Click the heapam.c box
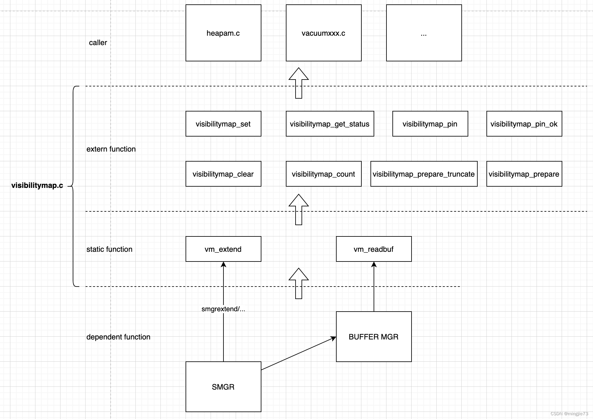pyautogui.click(x=223, y=33)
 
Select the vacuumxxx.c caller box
pyautogui.click(x=323, y=33)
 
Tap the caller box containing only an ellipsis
pyautogui.click(x=424, y=33)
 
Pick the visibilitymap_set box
pyautogui.click(x=223, y=124)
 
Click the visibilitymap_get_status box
pyautogui.click(x=330, y=124)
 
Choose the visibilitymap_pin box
pyautogui.click(x=430, y=124)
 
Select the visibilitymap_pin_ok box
pyautogui.click(x=524, y=124)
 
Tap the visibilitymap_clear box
pyautogui.click(x=223, y=174)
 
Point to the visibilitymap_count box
pyautogui.click(x=323, y=174)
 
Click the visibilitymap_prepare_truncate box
pyautogui.click(x=424, y=174)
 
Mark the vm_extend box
pyautogui.click(x=223, y=249)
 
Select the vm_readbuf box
pyautogui.click(x=374, y=249)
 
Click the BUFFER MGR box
pyautogui.click(x=374, y=337)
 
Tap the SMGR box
pyautogui.click(x=223, y=387)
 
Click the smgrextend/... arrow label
pyautogui.click(x=223, y=309)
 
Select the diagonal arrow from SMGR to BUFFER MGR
pyautogui.click(x=298, y=354)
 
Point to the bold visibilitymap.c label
pyautogui.click(x=37, y=185)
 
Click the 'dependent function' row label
pyautogui.click(x=118, y=337)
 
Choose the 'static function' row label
pyautogui.click(x=109, y=249)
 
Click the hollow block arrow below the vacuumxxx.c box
pyautogui.click(x=299, y=83)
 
